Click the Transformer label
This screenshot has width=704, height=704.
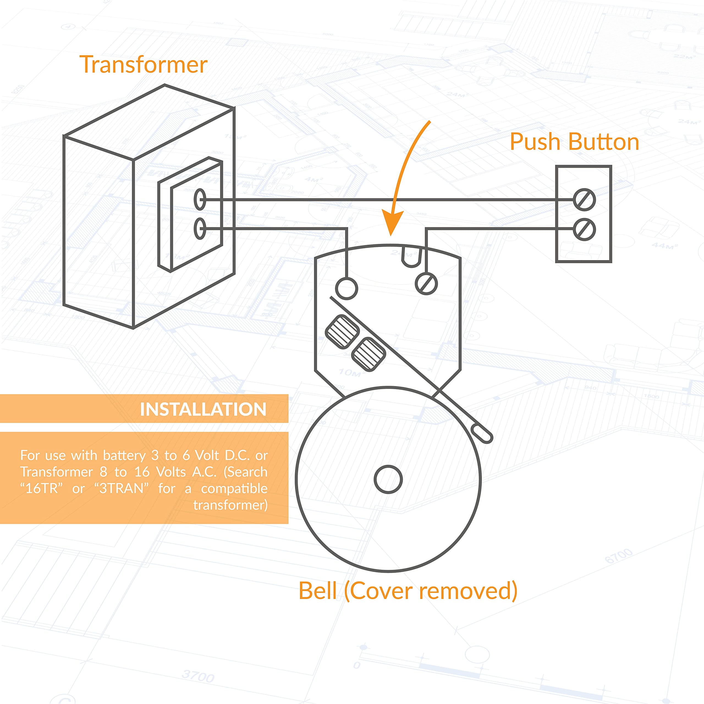tap(143, 65)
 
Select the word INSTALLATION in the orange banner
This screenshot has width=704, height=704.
tap(203, 409)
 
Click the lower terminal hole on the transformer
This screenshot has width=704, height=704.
tap(200, 229)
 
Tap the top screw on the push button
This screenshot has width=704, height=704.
tap(584, 200)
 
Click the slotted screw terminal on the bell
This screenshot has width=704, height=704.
tap(426, 284)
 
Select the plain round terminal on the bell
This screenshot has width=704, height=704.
tap(346, 288)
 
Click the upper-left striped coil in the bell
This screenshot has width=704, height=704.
tap(342, 332)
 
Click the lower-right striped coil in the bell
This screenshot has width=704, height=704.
tap(369, 354)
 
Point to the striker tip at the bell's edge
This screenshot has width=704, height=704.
tap(482, 434)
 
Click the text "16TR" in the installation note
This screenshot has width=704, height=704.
tap(42, 488)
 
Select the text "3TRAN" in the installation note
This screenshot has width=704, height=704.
tap(122, 488)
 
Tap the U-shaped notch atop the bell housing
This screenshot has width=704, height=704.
tap(412, 257)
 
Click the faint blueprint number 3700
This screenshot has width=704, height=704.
tap(198, 676)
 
